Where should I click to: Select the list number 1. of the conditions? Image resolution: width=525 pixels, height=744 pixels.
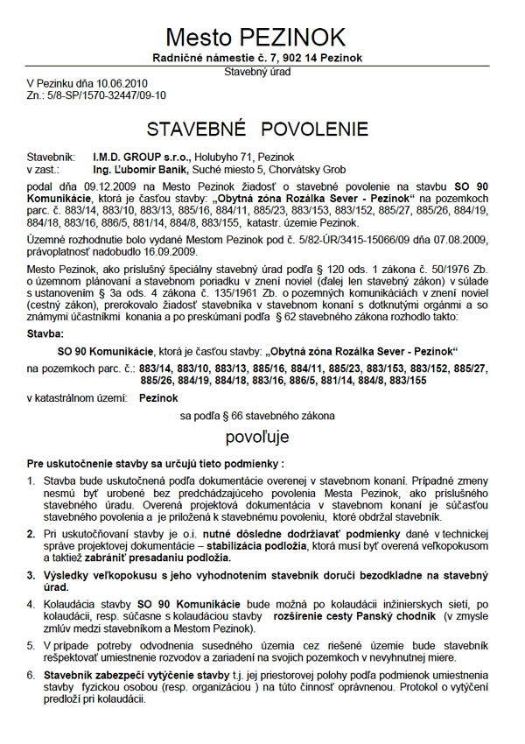coord(31,480)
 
